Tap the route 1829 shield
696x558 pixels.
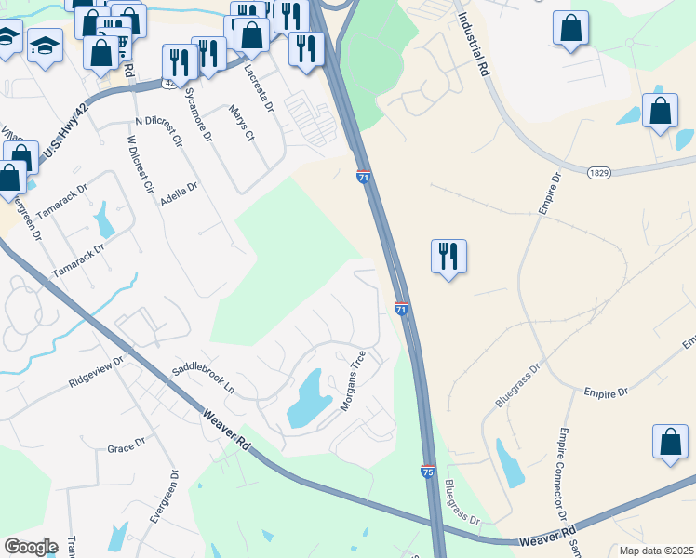(x=598, y=173)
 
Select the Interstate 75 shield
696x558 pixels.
(x=427, y=472)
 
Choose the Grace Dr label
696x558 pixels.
(x=126, y=448)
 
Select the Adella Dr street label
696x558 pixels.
(x=180, y=193)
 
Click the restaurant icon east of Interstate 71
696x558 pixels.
(x=449, y=255)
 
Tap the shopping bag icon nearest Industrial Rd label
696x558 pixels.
(x=570, y=28)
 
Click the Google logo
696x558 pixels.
(x=31, y=547)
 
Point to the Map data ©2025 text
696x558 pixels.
(x=655, y=551)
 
